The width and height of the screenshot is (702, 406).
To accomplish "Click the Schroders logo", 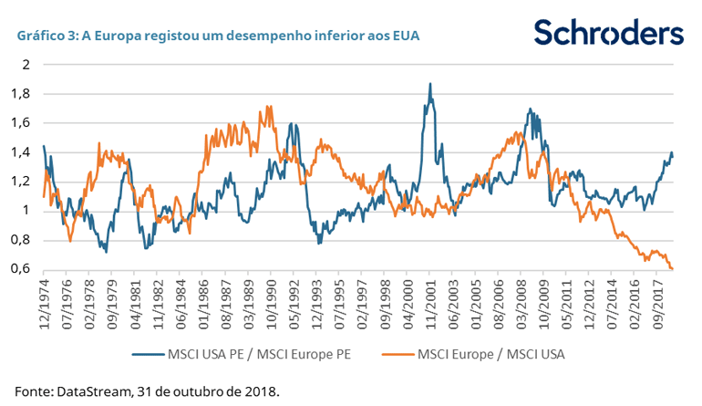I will [x=608, y=33].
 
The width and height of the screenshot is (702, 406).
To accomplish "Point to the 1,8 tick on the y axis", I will [x=22, y=93].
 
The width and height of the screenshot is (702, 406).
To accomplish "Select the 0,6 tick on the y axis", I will [x=22, y=269].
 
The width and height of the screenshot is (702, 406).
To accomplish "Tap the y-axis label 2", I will [x=27, y=64].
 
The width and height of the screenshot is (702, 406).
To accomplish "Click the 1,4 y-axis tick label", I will [x=22, y=151].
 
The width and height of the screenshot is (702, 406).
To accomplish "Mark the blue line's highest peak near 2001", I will [x=430, y=84].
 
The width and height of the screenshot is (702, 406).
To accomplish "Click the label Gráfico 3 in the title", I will [x=44, y=36].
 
